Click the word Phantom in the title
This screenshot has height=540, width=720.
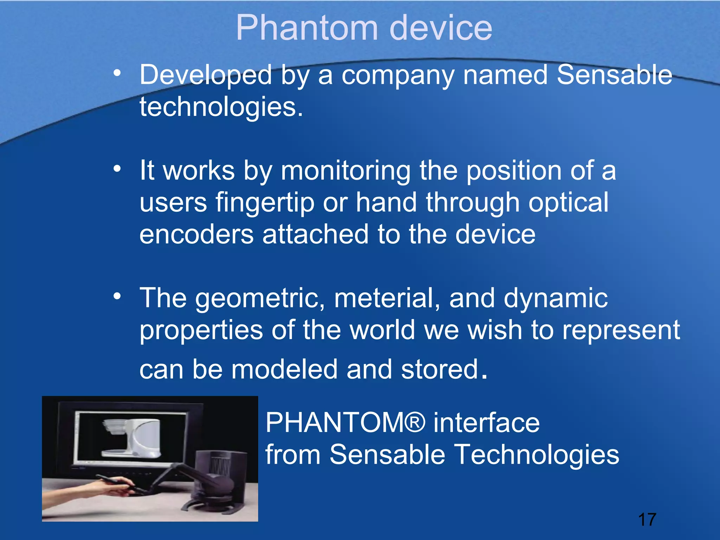pyautogui.click(x=306, y=28)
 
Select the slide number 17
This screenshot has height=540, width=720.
pyautogui.click(x=647, y=520)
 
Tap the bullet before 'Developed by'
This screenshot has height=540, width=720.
pyautogui.click(x=117, y=73)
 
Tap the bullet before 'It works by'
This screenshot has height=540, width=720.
pyautogui.click(x=117, y=169)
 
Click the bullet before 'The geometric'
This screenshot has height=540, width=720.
pyautogui.click(x=117, y=296)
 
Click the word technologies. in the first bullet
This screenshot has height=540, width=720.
pyautogui.click(x=221, y=107)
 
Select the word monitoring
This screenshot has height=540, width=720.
pyautogui.click(x=346, y=171)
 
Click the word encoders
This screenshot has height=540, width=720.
pyautogui.click(x=197, y=234)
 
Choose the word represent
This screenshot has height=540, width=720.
pyautogui.click(x=621, y=330)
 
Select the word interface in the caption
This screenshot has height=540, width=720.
pyautogui.click(x=487, y=423)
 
